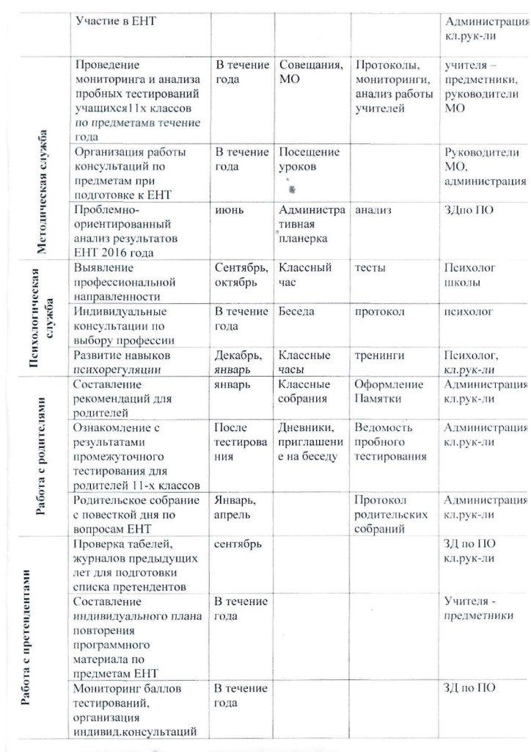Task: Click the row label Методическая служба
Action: click(x=42, y=193)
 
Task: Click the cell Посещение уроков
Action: click(x=309, y=159)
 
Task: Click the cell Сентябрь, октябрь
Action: click(x=241, y=275)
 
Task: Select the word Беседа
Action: click(x=296, y=311)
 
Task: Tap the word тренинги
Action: click(x=379, y=355)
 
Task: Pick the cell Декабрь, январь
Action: click(x=238, y=362)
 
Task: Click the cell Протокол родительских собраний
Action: click(x=389, y=514)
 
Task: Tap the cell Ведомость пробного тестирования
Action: click(x=390, y=441)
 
